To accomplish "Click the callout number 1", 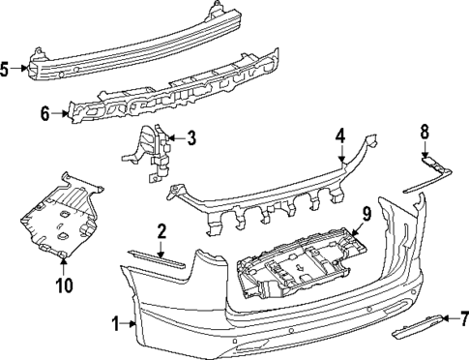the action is coord(116,324).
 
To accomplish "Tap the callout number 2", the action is coord(161,231).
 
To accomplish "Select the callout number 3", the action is coord(191,137).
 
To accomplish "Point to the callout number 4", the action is coord(340,135).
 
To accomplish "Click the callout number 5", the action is coord(4,69).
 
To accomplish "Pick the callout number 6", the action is coord(45,113).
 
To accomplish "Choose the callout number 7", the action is coord(464,318).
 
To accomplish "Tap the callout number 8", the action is coord(425,133).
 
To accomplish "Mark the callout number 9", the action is coord(366,214).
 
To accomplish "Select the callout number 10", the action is coord(64,285).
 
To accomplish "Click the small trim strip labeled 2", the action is coord(157,258).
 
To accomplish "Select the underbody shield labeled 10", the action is coord(61,216).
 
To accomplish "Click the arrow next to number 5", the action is coord(19,68).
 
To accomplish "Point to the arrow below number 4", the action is coord(341,153).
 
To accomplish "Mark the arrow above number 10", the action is coord(64,267).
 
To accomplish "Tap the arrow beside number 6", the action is coord(61,113).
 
